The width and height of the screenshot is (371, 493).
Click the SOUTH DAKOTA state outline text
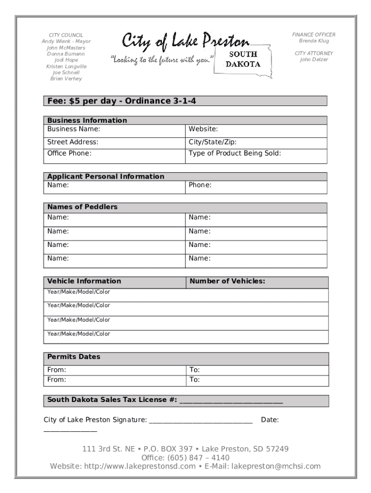tap(243, 59)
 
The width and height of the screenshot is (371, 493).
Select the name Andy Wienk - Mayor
tap(66, 41)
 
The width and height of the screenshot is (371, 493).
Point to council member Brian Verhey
tap(66, 78)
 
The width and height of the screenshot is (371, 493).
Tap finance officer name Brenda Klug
tap(314, 41)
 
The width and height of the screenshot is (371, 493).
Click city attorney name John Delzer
tap(314, 60)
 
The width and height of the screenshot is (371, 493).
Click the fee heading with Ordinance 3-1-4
tap(121, 101)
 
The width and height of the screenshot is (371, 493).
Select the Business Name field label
tap(74, 129)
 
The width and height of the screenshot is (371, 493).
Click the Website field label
tap(203, 129)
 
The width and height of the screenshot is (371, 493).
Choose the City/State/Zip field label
tap(212, 142)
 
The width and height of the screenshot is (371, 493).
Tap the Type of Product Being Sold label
tap(235, 153)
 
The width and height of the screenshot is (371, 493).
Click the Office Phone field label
tap(69, 153)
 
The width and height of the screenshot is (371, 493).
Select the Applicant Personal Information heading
tap(106, 176)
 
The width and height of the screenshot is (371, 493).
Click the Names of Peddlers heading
tap(82, 207)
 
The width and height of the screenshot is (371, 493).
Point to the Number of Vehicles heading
tap(227, 281)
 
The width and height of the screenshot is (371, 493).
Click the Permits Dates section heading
tap(74, 357)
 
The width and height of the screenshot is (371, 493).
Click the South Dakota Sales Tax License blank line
tap(231, 401)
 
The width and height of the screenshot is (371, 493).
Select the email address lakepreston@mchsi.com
tap(276, 466)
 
